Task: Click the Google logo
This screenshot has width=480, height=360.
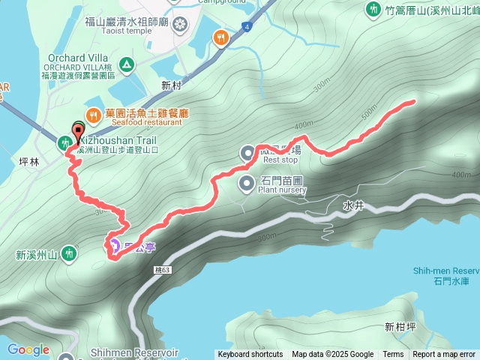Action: (x=28, y=349)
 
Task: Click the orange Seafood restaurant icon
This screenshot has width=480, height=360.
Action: (x=93, y=115)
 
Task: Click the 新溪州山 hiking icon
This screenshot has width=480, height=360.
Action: (x=69, y=253)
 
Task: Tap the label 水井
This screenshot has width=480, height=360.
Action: (x=352, y=204)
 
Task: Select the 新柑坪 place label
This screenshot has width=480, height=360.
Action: (x=399, y=326)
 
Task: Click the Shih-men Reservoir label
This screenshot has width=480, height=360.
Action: (x=445, y=271)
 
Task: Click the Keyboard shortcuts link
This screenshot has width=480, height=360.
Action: (x=250, y=355)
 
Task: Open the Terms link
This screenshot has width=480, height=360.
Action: (x=393, y=355)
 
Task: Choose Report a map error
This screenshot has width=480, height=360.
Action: (x=444, y=355)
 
